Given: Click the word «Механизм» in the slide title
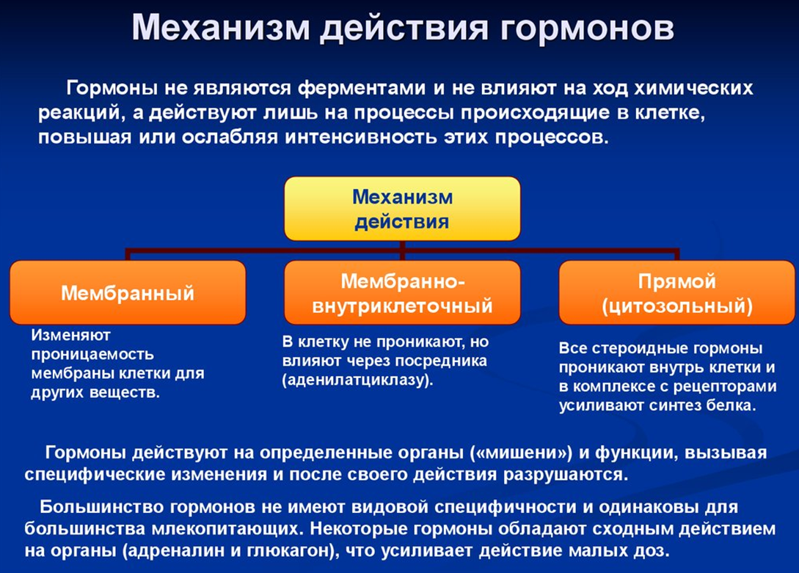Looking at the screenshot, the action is point(221,27).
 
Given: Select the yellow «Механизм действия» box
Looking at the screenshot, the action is point(402,209).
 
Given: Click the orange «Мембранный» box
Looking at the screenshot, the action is point(128,292).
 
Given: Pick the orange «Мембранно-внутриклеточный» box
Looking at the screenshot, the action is point(402,292).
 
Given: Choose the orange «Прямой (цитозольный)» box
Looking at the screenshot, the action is point(676,292).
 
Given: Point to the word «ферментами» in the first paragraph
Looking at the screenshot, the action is point(361,89).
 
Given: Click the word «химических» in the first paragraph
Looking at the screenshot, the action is point(693,88).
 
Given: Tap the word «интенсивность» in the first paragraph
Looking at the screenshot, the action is point(361,137).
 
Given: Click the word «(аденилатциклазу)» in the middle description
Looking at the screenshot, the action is point(358,380).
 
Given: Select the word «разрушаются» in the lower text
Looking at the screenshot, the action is point(566,475).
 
